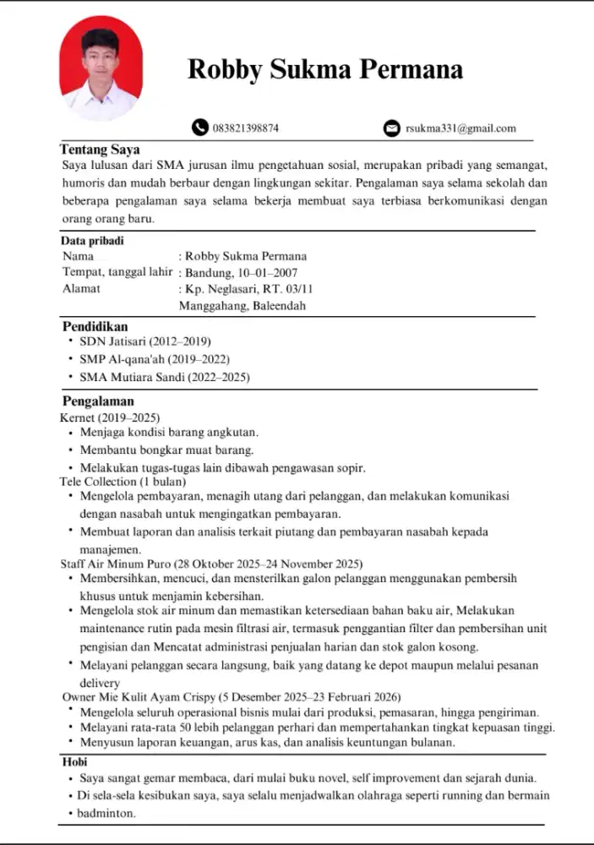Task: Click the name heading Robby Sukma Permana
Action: tap(325, 68)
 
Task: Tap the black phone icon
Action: tap(199, 128)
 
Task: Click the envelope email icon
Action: tap(391, 128)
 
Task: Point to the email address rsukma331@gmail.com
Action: tap(460, 128)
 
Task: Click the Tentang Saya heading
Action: tap(100, 150)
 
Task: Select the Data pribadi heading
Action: tap(92, 241)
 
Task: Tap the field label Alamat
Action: tap(82, 288)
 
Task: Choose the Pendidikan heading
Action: tap(95, 326)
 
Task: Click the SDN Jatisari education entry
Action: tap(144, 342)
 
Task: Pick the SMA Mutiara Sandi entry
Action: tap(165, 377)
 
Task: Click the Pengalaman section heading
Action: tap(98, 401)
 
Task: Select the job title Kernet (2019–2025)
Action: tap(110, 417)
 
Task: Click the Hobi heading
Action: tap(75, 762)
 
